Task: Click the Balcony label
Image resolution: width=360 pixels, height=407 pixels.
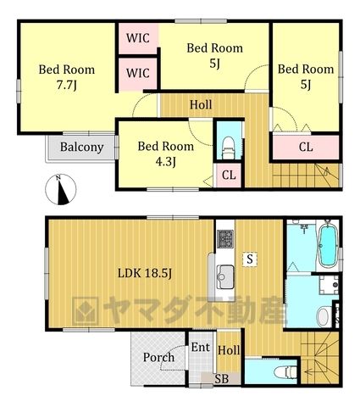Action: click(81, 148)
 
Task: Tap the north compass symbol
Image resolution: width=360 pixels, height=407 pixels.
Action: click(61, 189)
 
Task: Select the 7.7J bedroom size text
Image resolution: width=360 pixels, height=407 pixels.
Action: click(67, 85)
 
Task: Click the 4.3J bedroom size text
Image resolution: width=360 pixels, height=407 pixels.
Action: click(166, 162)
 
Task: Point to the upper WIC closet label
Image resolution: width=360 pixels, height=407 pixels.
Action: click(138, 38)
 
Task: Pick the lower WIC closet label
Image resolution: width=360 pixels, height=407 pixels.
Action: click(138, 73)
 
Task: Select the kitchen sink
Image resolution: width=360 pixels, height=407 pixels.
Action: click(224, 276)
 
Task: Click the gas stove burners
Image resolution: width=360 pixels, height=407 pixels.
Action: click(225, 239)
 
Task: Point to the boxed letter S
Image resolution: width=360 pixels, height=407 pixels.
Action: click(250, 259)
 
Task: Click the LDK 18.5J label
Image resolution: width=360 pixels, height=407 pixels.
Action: click(145, 273)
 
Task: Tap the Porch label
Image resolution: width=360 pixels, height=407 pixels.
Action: click(158, 358)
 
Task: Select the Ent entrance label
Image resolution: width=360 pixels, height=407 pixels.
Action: click(201, 348)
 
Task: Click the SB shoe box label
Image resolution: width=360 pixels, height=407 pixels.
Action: click(221, 379)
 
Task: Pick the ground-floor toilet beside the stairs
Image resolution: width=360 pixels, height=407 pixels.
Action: click(285, 371)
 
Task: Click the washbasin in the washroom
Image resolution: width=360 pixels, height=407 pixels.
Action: click(324, 316)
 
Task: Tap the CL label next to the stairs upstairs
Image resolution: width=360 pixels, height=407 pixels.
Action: click(306, 147)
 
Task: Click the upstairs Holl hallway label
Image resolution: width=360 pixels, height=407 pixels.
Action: click(201, 105)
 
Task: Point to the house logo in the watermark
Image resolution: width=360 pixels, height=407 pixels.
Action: click(86, 310)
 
